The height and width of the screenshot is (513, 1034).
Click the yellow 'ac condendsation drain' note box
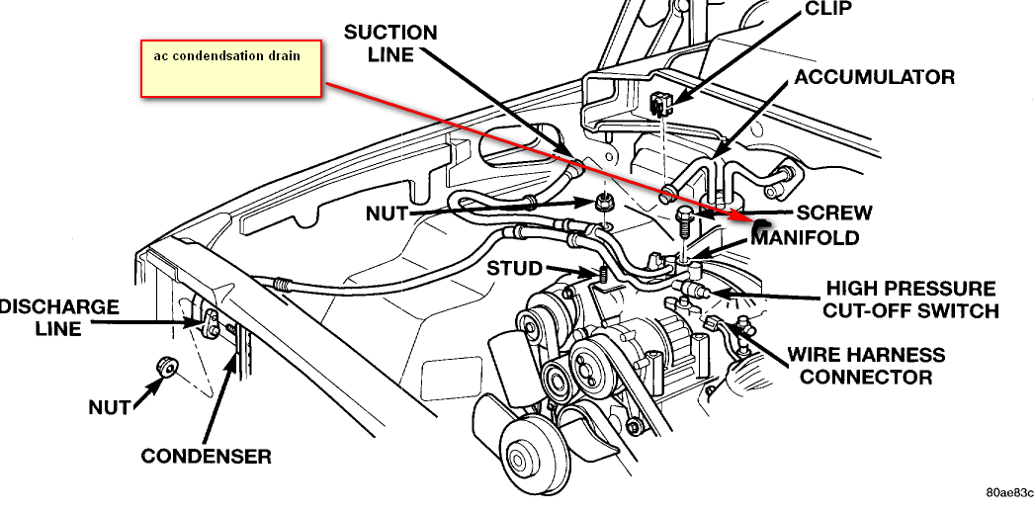(232, 69)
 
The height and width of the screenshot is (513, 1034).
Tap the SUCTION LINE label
(389, 43)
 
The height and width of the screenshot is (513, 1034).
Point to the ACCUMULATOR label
(875, 77)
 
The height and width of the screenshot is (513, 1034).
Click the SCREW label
(834, 213)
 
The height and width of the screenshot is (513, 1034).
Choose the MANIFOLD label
(805, 238)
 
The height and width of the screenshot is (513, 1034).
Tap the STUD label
(514, 268)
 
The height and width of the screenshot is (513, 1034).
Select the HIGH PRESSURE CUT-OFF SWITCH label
(911, 299)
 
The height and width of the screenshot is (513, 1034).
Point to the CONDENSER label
(206, 456)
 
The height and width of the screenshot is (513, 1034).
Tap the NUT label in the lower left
(109, 406)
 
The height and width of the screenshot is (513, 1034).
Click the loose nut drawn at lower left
(165, 369)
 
